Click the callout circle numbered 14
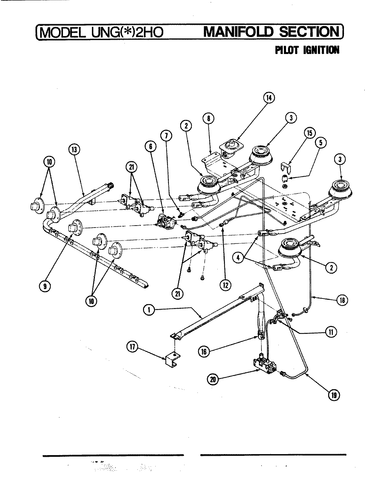tap(269, 98)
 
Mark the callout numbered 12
tap(225, 285)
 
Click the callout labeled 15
tap(309, 133)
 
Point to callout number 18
tap(342, 300)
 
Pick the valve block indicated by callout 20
tap(265, 366)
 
